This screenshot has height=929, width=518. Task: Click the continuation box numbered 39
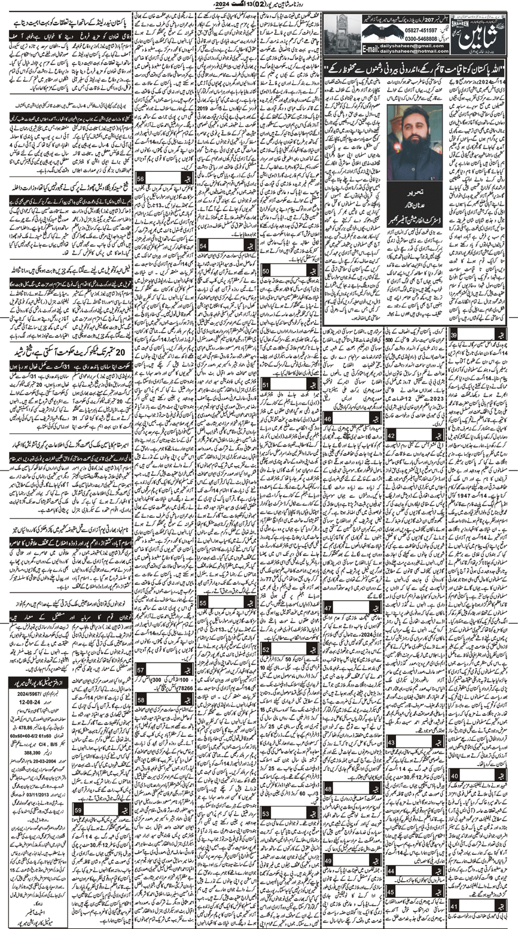click(x=455, y=336)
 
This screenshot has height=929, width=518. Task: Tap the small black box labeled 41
click(x=455, y=905)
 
